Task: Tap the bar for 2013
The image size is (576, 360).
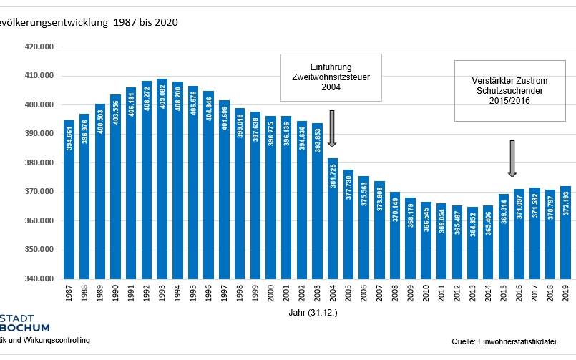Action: coord(472,243)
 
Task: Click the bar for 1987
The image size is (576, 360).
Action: coord(69,200)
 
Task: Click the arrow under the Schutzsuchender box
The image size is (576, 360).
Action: coord(512,159)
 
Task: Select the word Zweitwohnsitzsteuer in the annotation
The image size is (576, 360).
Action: coord(331,77)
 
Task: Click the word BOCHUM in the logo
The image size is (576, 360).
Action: coord(26,327)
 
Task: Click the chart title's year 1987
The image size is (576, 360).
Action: coord(127,23)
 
